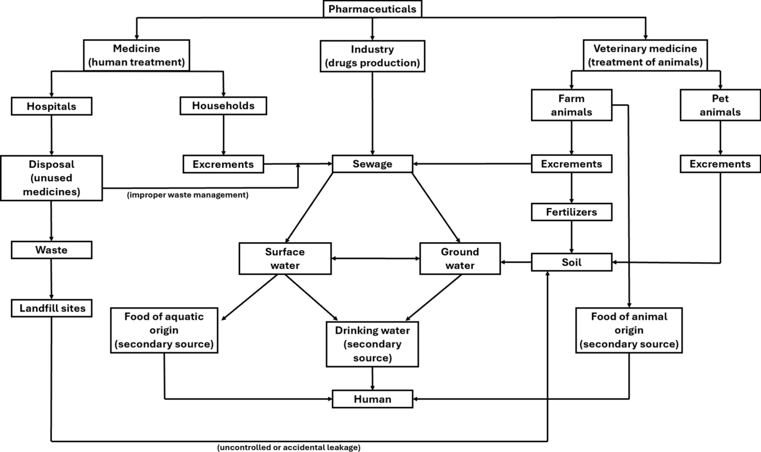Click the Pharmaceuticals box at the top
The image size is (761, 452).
coord(372,9)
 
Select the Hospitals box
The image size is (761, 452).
coord(51,106)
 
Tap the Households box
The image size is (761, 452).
coord(223,106)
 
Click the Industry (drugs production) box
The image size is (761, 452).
coord(372,56)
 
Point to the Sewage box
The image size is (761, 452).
coord(372,164)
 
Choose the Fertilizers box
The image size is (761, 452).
coord(571,212)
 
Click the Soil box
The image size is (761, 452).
coord(571,262)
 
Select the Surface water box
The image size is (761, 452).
coord(285,258)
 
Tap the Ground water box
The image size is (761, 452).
coord(460,258)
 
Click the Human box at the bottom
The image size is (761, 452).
coord(372,399)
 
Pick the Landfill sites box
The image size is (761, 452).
coord(51,308)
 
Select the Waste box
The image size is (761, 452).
coord(51,250)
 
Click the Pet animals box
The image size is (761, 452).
coord(720,105)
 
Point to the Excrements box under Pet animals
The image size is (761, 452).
coord(720,164)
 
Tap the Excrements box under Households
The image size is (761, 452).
coord(223,164)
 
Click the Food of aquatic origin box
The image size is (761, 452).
coord(164,330)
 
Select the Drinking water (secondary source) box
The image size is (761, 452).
coord(372,344)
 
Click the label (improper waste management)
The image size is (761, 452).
coord(187,195)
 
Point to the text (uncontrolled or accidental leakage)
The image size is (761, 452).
coord(289,448)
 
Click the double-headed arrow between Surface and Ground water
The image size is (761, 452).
coord(375,258)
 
